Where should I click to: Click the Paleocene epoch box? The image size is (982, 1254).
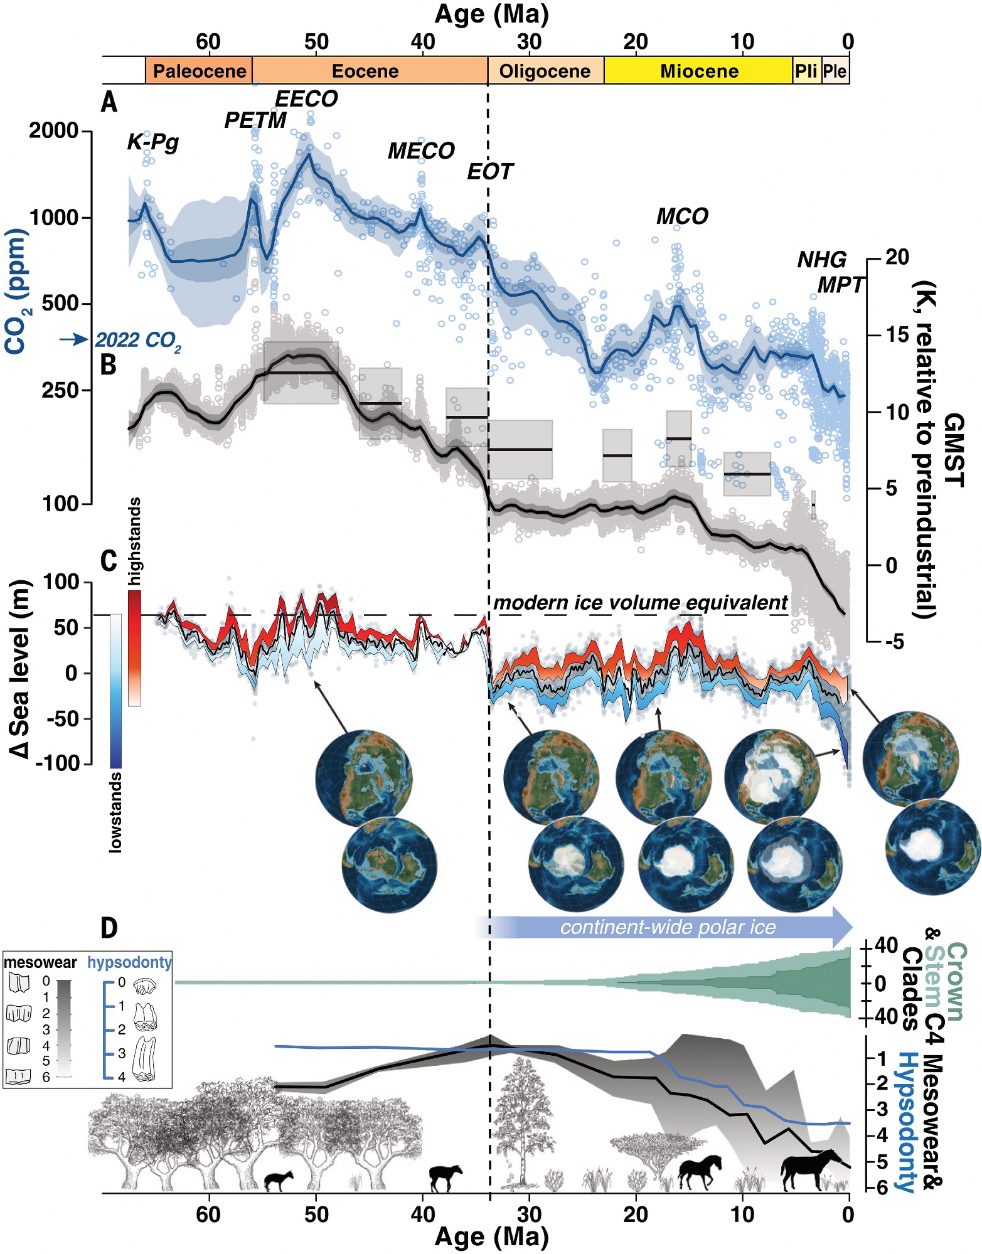tap(199, 71)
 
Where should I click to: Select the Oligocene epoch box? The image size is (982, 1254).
tap(545, 71)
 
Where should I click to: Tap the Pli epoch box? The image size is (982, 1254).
tap(806, 71)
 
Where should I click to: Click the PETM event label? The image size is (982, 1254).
tap(255, 120)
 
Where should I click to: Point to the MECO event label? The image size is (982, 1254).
tap(421, 151)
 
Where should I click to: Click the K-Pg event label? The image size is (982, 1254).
tap(153, 142)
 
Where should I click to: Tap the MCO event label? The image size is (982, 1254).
tap(682, 216)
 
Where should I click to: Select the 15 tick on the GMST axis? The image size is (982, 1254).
tap(897, 335)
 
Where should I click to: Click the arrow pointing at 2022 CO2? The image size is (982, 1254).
tap(75, 339)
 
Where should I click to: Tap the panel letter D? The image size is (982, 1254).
tap(109, 928)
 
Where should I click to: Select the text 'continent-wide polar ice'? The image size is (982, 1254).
tap(668, 927)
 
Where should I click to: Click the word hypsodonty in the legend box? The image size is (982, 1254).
tap(129, 962)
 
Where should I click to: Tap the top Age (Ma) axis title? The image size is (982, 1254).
tap(491, 14)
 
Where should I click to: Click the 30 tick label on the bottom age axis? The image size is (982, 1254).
tap(529, 1214)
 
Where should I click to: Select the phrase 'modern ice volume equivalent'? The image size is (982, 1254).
tap(640, 603)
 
